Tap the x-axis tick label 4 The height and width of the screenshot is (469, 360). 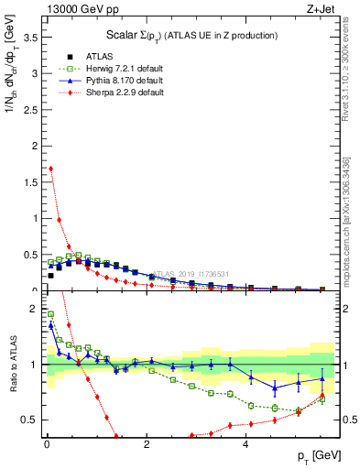click(x=246, y=444)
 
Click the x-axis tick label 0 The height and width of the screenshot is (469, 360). click(x=47, y=444)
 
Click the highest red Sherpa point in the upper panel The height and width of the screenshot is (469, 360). click(x=51, y=169)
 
